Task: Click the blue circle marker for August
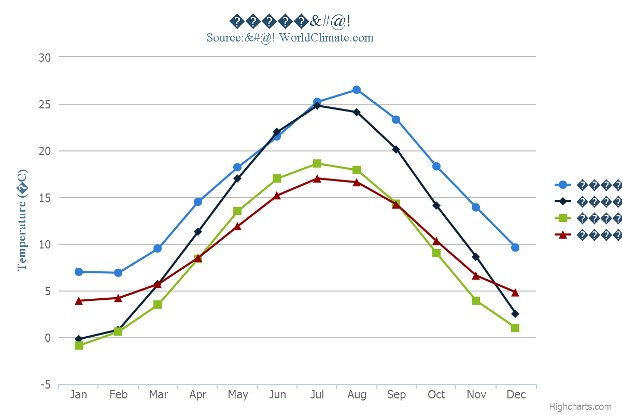click(357, 90)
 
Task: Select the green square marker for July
click(317, 164)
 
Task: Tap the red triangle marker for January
click(79, 301)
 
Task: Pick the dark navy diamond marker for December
click(515, 314)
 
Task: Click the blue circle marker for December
click(515, 247)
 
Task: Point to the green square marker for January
click(79, 345)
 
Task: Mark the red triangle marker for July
click(317, 178)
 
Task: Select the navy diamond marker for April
click(198, 232)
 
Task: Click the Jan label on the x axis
click(79, 395)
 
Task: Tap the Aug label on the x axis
click(357, 395)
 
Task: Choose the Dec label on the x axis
click(516, 395)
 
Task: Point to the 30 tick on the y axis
click(45, 58)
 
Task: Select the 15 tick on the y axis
click(45, 198)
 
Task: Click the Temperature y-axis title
click(22, 220)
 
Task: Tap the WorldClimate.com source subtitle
click(290, 37)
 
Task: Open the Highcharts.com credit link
click(580, 407)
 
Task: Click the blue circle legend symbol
click(563, 184)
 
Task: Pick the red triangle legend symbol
click(563, 235)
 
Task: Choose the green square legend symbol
click(563, 218)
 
